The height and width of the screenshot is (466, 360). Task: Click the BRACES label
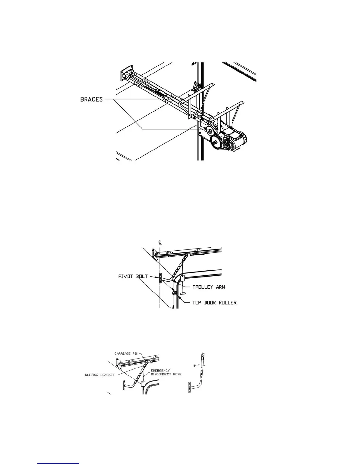click(x=91, y=99)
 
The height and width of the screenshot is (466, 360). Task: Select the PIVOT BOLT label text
click(x=133, y=277)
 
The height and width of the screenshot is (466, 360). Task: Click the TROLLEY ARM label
click(x=209, y=287)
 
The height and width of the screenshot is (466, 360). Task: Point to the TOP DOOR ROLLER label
click(x=214, y=302)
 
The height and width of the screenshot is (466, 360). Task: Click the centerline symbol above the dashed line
click(x=160, y=243)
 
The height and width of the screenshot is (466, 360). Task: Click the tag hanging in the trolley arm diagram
click(x=182, y=279)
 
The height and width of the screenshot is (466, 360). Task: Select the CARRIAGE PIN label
click(x=126, y=353)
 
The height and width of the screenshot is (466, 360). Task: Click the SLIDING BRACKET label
click(x=100, y=375)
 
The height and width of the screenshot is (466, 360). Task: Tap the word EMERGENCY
click(x=160, y=371)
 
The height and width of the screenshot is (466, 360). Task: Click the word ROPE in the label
click(x=176, y=374)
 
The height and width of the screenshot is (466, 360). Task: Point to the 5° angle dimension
click(x=195, y=366)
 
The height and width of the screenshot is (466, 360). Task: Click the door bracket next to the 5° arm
click(x=189, y=387)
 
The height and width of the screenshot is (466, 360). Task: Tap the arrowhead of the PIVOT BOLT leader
click(x=157, y=277)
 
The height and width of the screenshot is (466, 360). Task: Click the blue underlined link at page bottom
click(x=59, y=464)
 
